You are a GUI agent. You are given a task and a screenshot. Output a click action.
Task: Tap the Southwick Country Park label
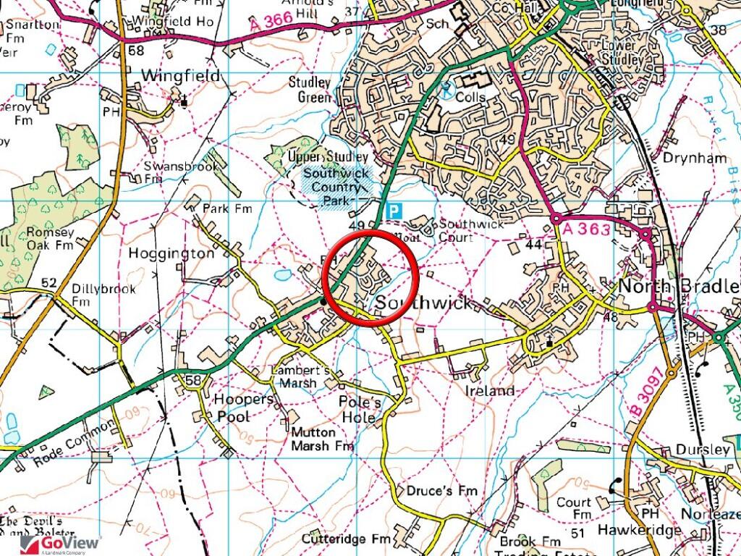pos(336,187)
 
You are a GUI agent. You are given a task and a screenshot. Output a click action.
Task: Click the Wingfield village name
pos(180,75)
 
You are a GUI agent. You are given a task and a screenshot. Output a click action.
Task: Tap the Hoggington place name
pos(171,253)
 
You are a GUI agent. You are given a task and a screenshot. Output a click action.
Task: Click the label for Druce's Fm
pos(441,491)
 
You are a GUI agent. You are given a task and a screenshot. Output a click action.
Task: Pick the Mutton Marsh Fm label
pos(323,439)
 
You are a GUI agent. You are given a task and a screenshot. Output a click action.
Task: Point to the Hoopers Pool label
pos(244,408)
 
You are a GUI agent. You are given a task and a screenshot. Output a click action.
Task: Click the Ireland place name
pos(489,391)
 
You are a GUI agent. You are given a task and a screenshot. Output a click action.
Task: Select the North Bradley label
pos(679,286)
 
